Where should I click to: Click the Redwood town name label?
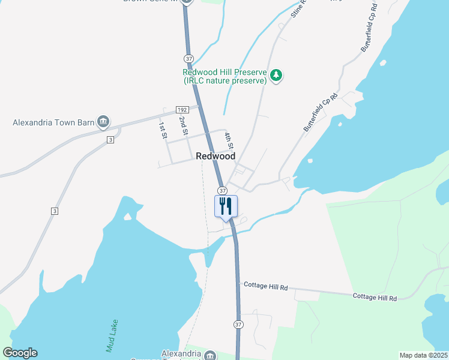215,156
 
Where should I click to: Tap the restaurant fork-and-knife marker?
226,206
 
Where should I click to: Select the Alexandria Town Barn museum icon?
103,122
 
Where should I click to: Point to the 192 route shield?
182,110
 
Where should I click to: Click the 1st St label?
162,130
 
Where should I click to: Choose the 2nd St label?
182,125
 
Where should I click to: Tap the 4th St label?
229,142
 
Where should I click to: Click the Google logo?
20,353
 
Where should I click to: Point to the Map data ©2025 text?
423,355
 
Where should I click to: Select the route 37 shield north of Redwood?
188,59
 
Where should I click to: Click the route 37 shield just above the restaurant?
222,190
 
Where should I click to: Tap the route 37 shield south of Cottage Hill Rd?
238,325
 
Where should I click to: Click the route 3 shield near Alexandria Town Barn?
110,140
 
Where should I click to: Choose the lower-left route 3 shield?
55,211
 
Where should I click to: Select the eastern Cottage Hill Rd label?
375,297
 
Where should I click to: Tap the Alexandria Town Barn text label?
54,122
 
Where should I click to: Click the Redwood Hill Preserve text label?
225,76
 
